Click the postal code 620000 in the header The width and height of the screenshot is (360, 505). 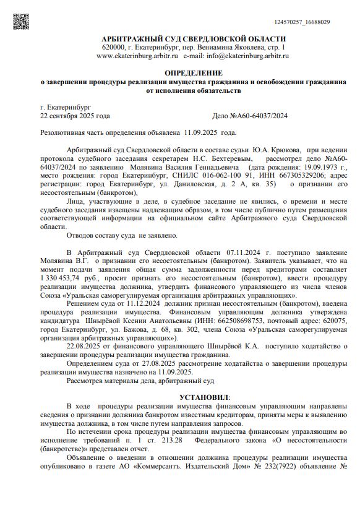(114, 48)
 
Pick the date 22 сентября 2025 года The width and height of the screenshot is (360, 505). (75, 116)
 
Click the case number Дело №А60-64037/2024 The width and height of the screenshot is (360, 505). (249, 116)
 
